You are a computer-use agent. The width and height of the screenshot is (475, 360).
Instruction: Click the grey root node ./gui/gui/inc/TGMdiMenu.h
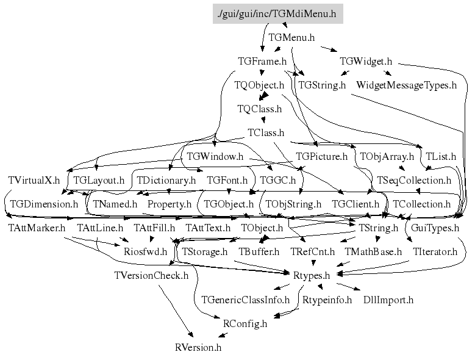[277, 13]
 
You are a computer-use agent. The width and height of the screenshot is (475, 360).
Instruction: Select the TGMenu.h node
[291, 37]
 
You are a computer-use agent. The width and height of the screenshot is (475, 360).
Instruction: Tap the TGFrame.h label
[262, 61]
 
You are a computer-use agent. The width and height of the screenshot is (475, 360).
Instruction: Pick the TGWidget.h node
[366, 61]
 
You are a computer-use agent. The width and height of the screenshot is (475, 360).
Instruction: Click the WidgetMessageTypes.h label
[406, 85]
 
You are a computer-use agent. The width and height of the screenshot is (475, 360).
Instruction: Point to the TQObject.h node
[259, 85]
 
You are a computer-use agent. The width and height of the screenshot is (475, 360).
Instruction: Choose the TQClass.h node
[259, 109]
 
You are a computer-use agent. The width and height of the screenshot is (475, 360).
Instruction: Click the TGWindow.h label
[215, 156]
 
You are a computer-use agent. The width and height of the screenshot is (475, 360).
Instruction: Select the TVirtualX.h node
[34, 180]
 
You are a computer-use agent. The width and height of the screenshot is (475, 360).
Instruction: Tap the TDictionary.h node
[166, 180]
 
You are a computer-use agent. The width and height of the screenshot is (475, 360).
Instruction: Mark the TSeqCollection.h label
[414, 180]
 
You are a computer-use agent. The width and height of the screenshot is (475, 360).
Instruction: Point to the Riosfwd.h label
[145, 251]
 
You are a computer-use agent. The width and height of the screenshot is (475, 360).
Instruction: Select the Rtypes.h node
[316, 275]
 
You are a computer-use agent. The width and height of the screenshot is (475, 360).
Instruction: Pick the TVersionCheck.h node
[151, 275]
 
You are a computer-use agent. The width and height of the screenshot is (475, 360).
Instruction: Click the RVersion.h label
[198, 347]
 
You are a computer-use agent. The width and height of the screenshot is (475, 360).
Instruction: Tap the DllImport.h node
[388, 300]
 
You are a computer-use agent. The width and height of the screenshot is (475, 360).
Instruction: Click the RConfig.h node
[245, 323]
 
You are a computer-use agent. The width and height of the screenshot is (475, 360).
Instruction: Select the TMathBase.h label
[373, 251]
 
